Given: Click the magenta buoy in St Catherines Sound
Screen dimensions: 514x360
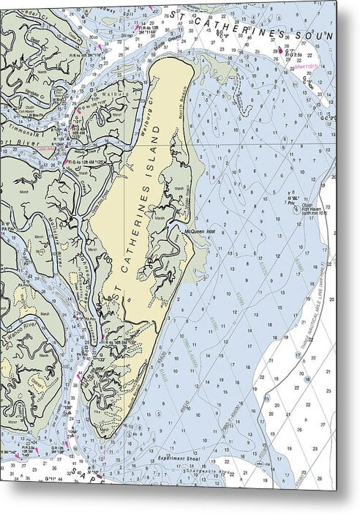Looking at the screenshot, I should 279,51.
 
